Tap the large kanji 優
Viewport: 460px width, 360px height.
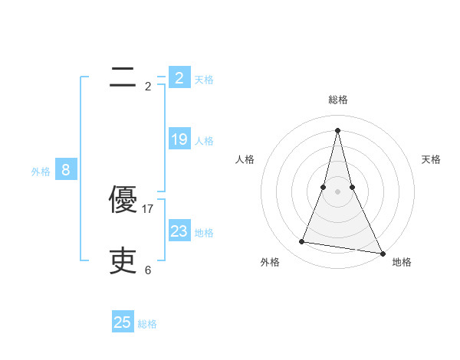click(x=123, y=200)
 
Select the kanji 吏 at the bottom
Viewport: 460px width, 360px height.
click(x=123, y=261)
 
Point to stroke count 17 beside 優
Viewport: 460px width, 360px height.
click(x=148, y=208)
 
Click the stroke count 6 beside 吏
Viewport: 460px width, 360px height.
click(x=148, y=270)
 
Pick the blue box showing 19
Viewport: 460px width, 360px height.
click(x=179, y=139)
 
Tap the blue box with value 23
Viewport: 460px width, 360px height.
click(x=179, y=231)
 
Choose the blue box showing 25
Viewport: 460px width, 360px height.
click(x=123, y=322)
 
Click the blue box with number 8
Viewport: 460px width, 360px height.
click(x=66, y=170)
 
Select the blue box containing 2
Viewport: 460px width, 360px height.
click(x=179, y=78)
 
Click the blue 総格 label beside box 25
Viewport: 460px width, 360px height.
click(x=147, y=324)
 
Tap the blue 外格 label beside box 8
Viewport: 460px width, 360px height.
click(x=41, y=172)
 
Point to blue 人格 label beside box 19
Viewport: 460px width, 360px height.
click(x=204, y=141)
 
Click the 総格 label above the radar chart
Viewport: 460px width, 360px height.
click(x=338, y=100)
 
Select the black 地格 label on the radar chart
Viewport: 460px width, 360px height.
click(x=402, y=262)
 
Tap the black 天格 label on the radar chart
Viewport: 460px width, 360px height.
click(x=431, y=159)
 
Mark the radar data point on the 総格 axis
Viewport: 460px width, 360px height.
click(x=337, y=129)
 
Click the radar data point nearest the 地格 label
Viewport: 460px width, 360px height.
click(x=382, y=253)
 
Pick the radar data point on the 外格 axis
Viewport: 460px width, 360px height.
click(x=302, y=242)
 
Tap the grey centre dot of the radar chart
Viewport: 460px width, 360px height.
click(x=337, y=191)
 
